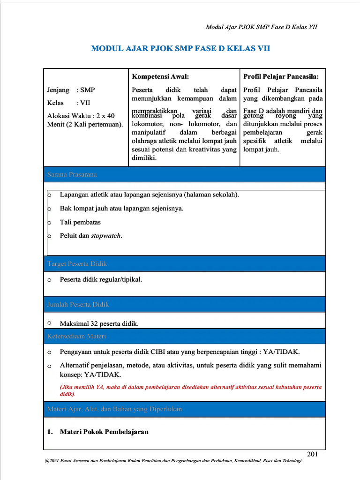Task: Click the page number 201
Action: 313,453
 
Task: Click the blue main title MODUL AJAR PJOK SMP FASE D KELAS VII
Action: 180,49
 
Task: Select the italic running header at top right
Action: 262,27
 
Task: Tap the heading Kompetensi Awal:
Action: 160,76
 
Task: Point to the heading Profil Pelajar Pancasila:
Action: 281,76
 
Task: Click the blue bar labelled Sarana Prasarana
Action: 72,174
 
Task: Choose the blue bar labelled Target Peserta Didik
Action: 77,264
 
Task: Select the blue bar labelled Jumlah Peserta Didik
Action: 78,304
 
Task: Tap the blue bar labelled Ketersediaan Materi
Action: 76,336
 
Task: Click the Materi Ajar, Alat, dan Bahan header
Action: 114,409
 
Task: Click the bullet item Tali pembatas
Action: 80,222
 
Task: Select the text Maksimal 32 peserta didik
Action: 99,323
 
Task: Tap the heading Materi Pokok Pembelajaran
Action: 104,432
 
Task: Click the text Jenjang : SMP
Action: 71,90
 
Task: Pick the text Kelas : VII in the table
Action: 68,103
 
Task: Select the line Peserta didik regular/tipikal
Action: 101,279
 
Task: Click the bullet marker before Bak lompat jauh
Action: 49,209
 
